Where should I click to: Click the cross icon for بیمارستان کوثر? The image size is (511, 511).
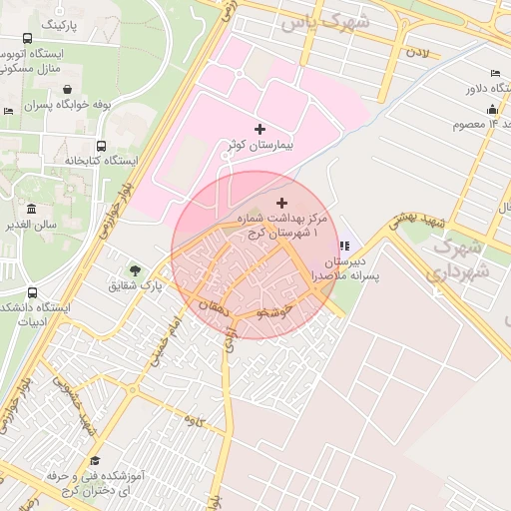(x=260, y=129)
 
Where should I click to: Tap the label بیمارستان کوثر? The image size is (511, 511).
(x=259, y=147)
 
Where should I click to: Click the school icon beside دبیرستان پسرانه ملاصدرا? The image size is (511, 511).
(x=344, y=247)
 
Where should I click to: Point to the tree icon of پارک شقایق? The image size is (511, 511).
(x=134, y=269)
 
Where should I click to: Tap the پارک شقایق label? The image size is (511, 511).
(x=136, y=286)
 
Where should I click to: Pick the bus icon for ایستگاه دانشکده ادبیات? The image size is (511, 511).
(x=33, y=294)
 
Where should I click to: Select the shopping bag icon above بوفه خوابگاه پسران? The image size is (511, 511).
(x=66, y=88)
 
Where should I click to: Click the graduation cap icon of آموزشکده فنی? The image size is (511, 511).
(x=95, y=460)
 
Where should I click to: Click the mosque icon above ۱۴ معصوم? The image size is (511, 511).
(x=491, y=109)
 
